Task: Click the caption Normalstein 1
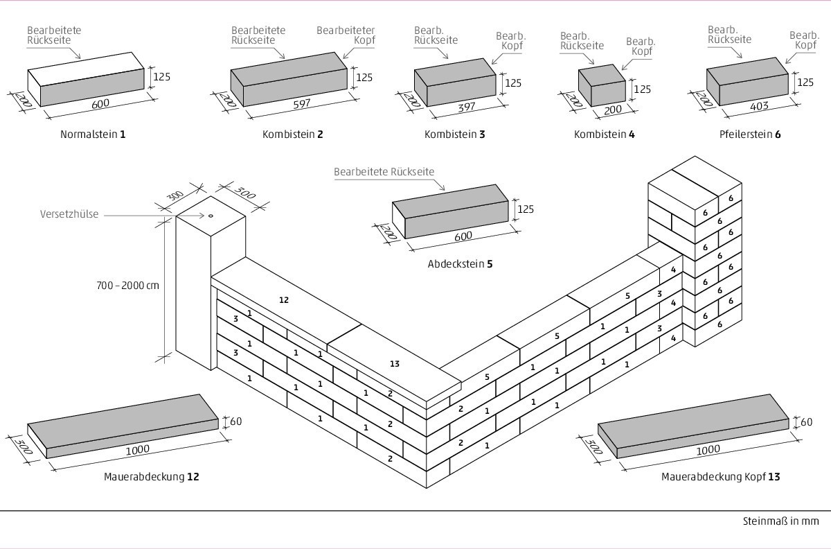coord(93,134)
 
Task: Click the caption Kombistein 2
coord(292,134)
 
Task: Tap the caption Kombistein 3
coord(454,134)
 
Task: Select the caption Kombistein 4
coord(604,134)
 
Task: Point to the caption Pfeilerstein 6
coord(750,134)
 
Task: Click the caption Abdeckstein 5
coord(461,264)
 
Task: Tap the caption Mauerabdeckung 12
coord(152,477)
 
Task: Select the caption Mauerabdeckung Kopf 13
coord(721,477)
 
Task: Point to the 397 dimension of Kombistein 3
coord(467,108)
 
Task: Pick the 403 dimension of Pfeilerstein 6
coord(760,107)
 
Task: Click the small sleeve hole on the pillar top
coord(211,216)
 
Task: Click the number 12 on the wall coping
coord(284,300)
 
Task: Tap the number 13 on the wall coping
coord(395,363)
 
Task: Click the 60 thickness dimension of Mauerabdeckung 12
coord(235,421)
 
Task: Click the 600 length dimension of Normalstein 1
coord(101,103)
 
